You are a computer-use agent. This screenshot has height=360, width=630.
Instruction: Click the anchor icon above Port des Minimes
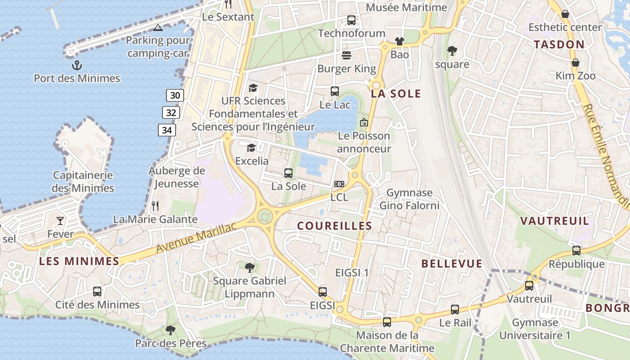tap(77, 66)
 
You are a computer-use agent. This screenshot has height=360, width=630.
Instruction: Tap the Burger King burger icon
tap(346, 55)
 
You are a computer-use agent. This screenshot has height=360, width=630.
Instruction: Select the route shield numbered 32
tap(171, 112)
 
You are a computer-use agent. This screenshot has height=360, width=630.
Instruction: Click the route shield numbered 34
tap(166, 130)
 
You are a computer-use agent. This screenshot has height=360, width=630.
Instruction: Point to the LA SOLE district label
tap(396, 94)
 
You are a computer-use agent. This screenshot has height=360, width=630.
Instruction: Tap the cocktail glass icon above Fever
tap(60, 221)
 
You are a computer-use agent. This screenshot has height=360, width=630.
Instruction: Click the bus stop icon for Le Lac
tap(335, 91)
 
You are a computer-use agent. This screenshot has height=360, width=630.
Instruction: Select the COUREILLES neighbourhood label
tap(335, 226)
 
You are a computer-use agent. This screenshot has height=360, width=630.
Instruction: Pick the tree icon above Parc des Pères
tap(171, 330)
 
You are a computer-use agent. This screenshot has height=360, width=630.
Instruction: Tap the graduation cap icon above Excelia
tap(251, 148)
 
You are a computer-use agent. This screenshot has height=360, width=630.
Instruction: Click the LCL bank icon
tap(339, 184)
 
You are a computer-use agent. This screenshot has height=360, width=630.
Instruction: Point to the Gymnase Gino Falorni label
tap(409, 199)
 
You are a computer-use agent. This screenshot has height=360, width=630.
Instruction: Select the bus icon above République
tap(576, 251)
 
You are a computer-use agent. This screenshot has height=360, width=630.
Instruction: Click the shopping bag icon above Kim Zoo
tap(575, 62)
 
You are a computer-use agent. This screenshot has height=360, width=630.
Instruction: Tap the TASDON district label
tap(559, 45)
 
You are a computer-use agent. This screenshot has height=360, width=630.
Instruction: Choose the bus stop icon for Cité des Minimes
tap(97, 292)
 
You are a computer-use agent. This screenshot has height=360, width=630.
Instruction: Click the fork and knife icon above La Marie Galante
tap(155, 206)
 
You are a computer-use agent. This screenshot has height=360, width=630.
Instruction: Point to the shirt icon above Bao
tap(399, 41)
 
